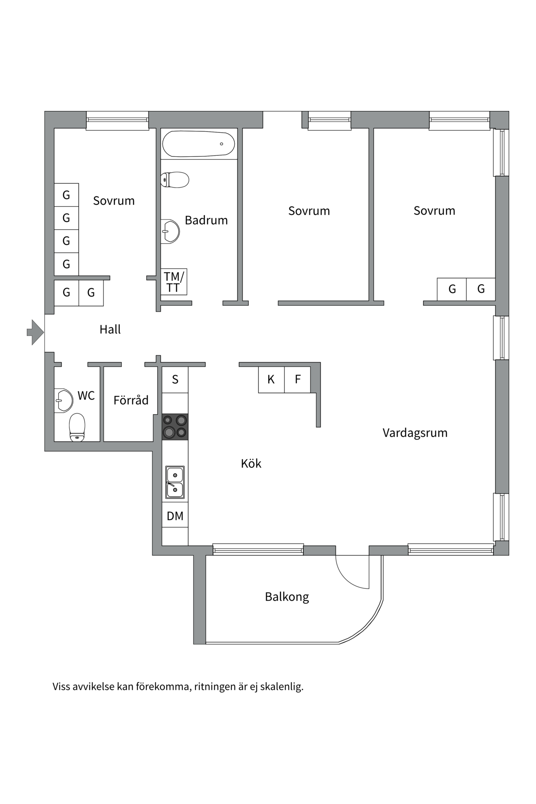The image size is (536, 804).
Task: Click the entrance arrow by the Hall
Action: tap(36, 332)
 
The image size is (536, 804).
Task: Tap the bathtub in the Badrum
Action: tap(198, 144)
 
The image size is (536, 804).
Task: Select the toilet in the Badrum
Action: tap(175, 180)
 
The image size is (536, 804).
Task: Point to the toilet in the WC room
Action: tap(77, 427)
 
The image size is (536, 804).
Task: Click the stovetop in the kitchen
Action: tap(175, 427)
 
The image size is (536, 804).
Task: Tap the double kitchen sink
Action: tap(175, 482)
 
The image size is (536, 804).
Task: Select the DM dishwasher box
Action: tap(175, 516)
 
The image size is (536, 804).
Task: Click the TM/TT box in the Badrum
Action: tap(174, 282)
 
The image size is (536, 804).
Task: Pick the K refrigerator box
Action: tap(271, 379)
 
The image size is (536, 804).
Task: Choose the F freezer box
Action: tap(298, 379)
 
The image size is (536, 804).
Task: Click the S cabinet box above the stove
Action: tap(175, 379)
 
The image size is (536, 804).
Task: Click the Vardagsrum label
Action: tap(415, 433)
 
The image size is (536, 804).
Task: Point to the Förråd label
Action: tap(131, 400)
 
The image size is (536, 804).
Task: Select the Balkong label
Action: tap(287, 597)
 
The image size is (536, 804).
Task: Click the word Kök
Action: tap(251, 463)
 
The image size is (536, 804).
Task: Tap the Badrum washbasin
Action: tap(170, 231)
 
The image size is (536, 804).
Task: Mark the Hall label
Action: tap(110, 330)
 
